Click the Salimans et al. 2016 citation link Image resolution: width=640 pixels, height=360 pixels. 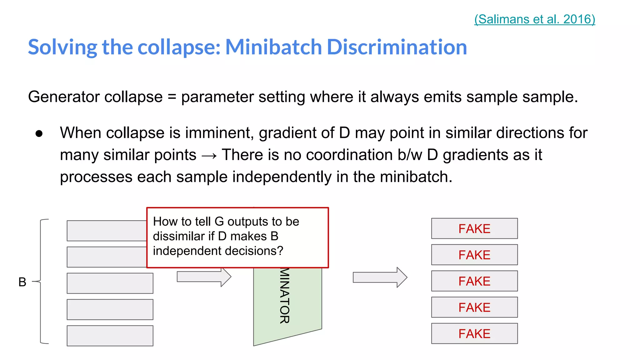coord(534,19)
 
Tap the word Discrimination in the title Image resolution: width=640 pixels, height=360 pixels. coord(397,47)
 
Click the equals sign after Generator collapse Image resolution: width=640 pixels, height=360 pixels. coord(172,97)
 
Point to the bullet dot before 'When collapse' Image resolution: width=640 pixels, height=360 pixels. coord(39,134)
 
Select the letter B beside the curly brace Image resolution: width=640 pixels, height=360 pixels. coord(22,282)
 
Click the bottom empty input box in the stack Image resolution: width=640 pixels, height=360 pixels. coord(110,336)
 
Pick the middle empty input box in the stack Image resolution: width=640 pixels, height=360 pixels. coord(110,283)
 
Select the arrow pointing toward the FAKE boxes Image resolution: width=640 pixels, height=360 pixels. coord(380,277)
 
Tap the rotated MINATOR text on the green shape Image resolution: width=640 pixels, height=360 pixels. coord(285,296)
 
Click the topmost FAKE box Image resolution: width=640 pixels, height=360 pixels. coord(474,228)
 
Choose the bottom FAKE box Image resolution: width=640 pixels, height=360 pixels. coord(474,333)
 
